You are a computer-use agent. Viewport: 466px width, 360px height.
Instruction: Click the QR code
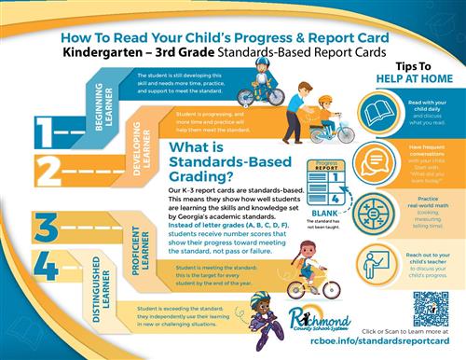click(x=430, y=309)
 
